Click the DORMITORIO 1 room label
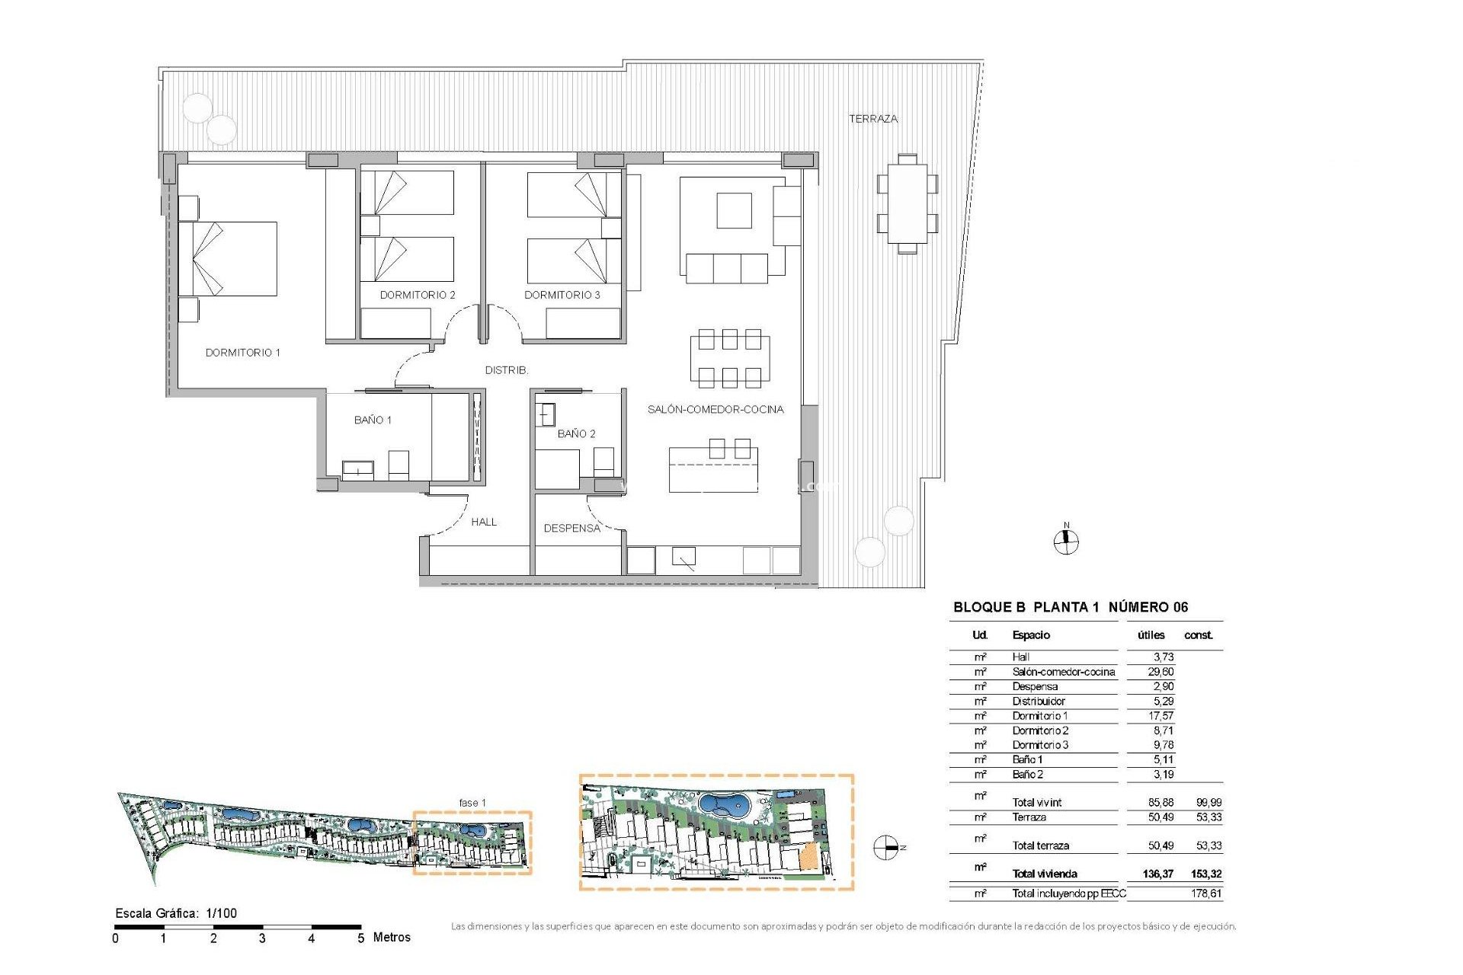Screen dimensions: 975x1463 click(x=242, y=353)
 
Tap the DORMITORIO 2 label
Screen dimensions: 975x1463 click(x=418, y=295)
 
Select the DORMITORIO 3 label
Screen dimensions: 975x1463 click(x=562, y=295)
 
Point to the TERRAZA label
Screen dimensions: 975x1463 click(x=873, y=119)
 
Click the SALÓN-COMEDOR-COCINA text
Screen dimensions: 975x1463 click(x=715, y=410)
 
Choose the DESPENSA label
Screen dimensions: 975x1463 click(x=571, y=528)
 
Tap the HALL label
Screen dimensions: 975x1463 click(x=484, y=522)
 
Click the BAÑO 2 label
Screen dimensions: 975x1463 click(x=576, y=434)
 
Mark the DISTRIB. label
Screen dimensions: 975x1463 click(x=507, y=370)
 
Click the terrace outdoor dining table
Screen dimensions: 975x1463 click(x=907, y=203)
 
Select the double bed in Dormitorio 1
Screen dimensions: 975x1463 click(x=229, y=259)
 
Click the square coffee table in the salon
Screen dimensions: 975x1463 click(x=734, y=210)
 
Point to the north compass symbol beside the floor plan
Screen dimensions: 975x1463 click(x=1066, y=542)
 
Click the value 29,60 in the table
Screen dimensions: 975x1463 click(x=1160, y=672)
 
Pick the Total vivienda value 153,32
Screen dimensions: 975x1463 click(x=1205, y=874)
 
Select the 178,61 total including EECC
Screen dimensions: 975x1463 click(x=1205, y=893)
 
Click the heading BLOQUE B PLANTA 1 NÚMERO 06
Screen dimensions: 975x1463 click(x=1070, y=607)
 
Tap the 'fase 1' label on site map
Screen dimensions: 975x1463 click(x=472, y=803)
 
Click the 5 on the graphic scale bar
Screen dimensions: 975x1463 click(x=361, y=938)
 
